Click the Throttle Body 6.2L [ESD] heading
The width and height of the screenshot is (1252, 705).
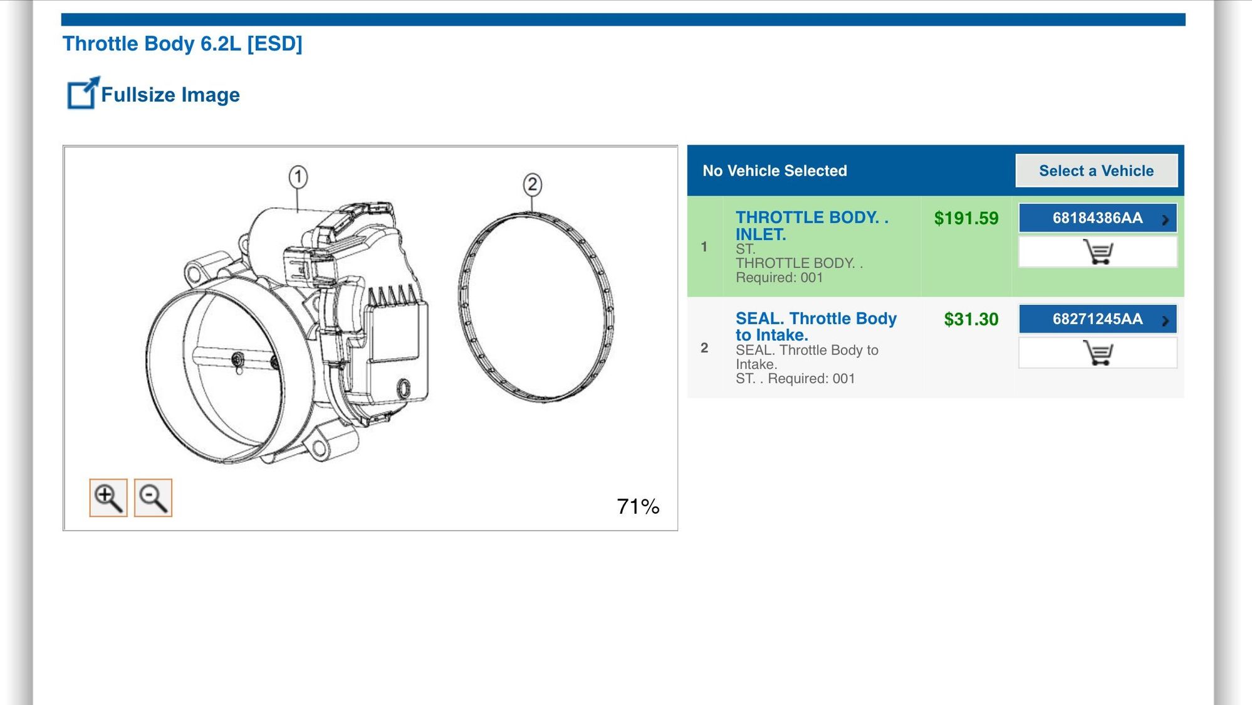182,44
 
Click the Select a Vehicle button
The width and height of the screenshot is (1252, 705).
1096,171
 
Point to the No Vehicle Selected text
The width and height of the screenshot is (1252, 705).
775,171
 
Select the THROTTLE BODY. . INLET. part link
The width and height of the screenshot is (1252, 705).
812,226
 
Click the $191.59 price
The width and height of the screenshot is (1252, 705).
966,218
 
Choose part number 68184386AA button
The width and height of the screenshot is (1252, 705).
1098,218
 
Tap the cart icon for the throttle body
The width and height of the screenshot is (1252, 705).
1098,252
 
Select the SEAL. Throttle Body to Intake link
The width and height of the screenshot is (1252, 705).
816,327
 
